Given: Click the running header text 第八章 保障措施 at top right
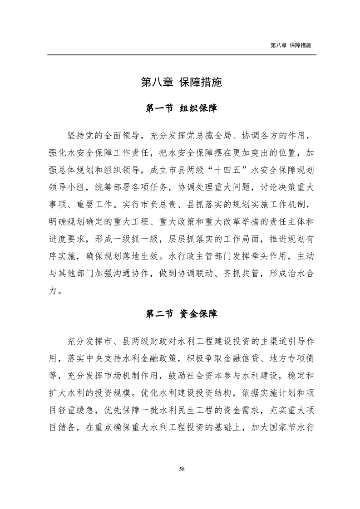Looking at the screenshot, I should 291,46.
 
